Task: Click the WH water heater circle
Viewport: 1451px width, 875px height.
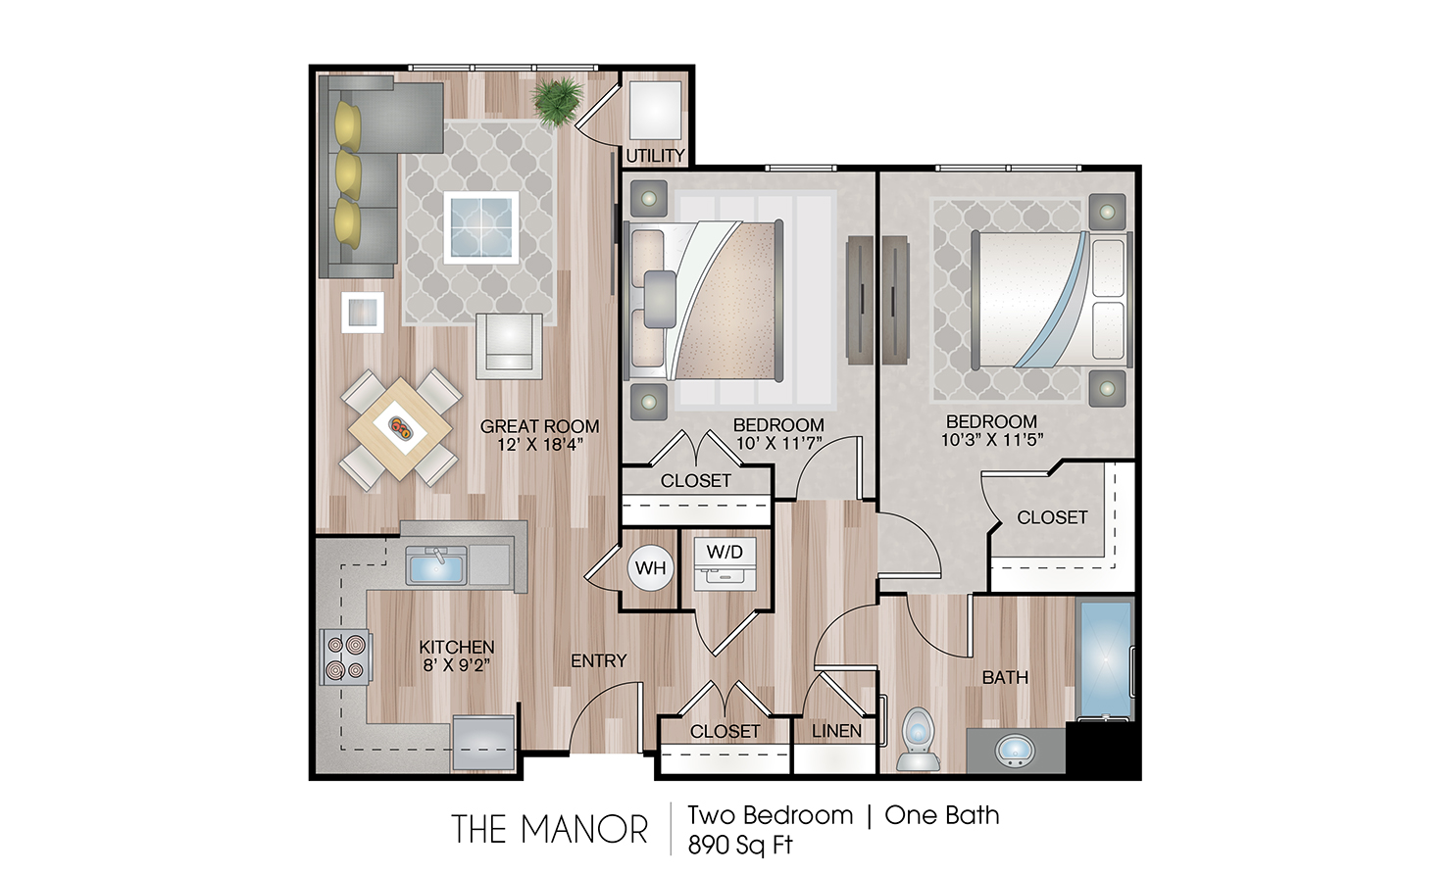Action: pos(650,568)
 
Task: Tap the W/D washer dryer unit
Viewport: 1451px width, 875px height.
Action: pos(725,563)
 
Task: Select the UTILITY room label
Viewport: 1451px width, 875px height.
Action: pos(655,156)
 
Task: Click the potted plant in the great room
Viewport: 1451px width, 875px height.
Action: pos(557,100)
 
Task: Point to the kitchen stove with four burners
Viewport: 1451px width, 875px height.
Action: pos(346,656)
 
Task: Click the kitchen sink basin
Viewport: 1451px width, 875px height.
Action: pos(436,565)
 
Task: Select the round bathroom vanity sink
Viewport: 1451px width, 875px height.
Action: pos(1015,751)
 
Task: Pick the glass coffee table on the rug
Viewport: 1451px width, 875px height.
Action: pos(481,227)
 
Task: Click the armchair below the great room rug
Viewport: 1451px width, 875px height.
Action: pos(509,346)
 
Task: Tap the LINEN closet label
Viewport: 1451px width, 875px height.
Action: pos(836,731)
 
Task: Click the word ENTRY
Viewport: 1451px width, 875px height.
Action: pos(598,660)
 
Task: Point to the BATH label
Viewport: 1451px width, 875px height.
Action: pos(1005,678)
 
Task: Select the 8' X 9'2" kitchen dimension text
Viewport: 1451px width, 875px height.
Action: pos(457,665)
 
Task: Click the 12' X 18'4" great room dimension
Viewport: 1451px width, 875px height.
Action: pos(540,445)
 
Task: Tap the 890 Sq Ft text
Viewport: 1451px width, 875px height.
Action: pos(740,845)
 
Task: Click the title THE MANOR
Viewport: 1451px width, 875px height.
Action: pos(549,829)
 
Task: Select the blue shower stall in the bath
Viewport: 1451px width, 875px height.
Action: pos(1105,658)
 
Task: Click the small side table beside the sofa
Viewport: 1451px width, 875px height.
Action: pos(363,314)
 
